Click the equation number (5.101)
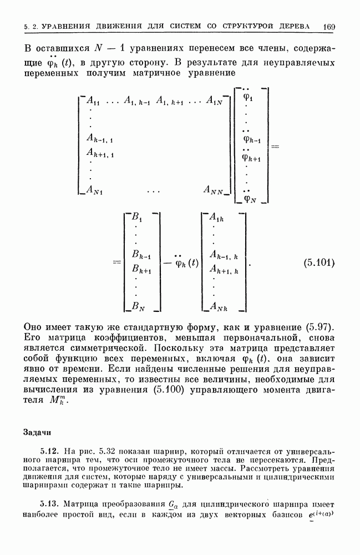pyautogui.click(x=319, y=263)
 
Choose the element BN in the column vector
pyautogui.click(x=139, y=305)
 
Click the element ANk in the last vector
pyautogui.click(x=221, y=305)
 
